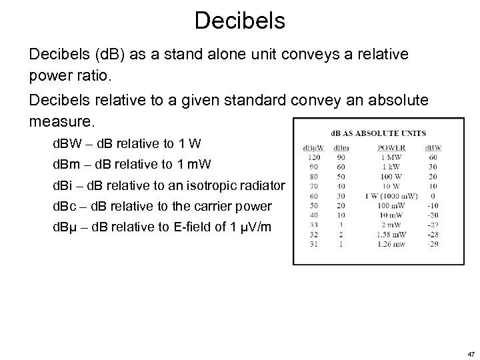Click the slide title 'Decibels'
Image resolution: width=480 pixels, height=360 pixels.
pos(240,20)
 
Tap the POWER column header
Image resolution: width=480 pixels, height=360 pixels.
pos(391,147)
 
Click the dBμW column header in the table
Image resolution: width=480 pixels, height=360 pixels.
pos(310,147)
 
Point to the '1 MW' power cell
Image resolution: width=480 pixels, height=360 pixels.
pos(391,157)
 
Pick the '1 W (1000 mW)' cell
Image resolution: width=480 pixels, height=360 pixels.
pos(391,197)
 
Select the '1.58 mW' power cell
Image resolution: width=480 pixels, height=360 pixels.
pos(391,236)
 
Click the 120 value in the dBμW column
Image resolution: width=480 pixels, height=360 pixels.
pos(310,157)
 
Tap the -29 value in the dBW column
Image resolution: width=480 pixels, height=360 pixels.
pos(433,245)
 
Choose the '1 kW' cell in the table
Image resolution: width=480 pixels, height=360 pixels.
pos(391,167)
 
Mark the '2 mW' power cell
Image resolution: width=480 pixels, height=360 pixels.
pos(391,226)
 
